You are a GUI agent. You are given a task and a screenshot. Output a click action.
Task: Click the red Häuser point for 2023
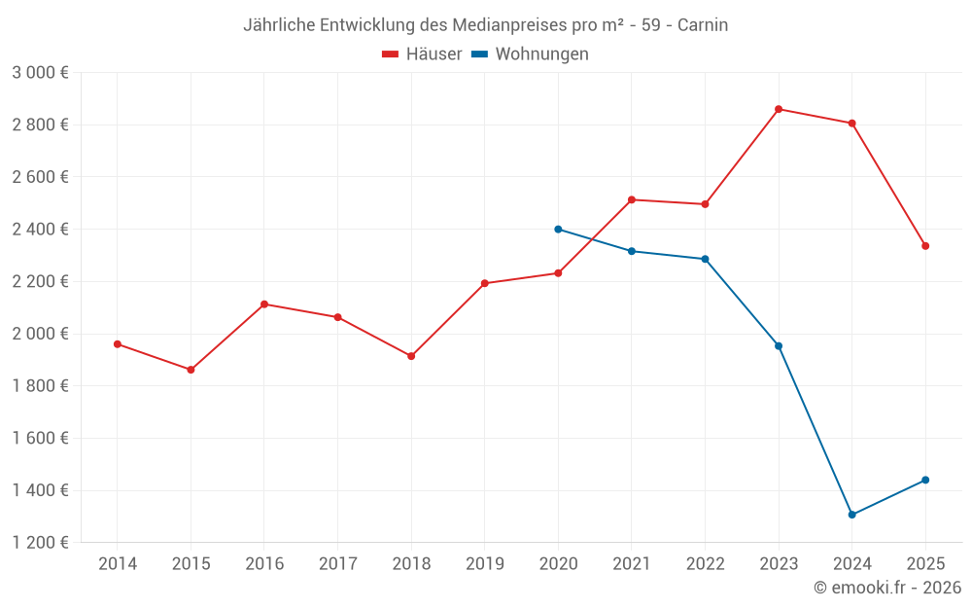click(x=779, y=109)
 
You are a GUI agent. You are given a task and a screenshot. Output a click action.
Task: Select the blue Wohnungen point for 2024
click(x=851, y=515)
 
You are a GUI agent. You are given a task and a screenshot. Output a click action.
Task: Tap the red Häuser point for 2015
click(x=191, y=370)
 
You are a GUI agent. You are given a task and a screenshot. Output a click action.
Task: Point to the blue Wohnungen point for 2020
click(x=558, y=230)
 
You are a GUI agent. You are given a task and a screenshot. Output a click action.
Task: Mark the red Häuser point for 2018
click(x=411, y=356)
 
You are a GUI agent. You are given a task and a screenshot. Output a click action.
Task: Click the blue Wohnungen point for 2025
click(x=925, y=480)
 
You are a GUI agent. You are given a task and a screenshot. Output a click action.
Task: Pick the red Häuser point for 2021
click(x=632, y=199)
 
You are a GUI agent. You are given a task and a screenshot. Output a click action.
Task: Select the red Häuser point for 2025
click(x=925, y=246)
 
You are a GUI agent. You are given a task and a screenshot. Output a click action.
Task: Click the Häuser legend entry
click(x=422, y=54)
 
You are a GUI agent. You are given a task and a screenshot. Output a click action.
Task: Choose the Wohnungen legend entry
click(x=531, y=54)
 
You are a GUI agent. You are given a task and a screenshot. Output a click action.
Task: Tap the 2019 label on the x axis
click(x=484, y=564)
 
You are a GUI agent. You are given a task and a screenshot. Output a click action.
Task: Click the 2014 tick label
click(x=118, y=564)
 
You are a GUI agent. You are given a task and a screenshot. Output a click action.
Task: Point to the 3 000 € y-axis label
click(x=40, y=73)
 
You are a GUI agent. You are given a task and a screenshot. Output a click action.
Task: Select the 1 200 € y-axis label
click(x=40, y=543)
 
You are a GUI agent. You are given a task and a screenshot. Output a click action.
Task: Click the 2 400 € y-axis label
click(x=40, y=230)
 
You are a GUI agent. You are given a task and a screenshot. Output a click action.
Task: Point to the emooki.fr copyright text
click(x=887, y=588)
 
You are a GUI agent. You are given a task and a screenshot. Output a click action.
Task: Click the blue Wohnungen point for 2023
click(x=779, y=346)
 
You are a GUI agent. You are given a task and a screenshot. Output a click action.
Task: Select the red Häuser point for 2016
click(x=264, y=304)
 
